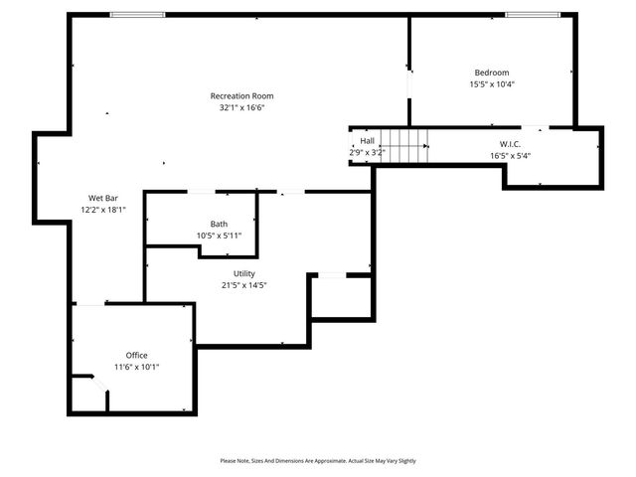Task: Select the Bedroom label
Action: pyautogui.click(x=491, y=73)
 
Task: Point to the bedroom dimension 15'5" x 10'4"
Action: pyautogui.click(x=491, y=84)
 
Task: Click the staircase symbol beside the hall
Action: pyautogui.click(x=404, y=146)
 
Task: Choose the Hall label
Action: pyautogui.click(x=367, y=141)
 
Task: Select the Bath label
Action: pyautogui.click(x=219, y=224)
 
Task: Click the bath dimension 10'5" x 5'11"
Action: pyautogui.click(x=219, y=236)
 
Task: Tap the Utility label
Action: pyautogui.click(x=244, y=272)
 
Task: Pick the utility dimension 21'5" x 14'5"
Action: pyautogui.click(x=244, y=284)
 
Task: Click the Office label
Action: pyautogui.click(x=136, y=355)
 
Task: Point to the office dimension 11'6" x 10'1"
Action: pyautogui.click(x=136, y=367)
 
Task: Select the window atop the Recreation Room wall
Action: pyautogui.click(x=138, y=14)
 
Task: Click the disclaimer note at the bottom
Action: pyautogui.click(x=318, y=461)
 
